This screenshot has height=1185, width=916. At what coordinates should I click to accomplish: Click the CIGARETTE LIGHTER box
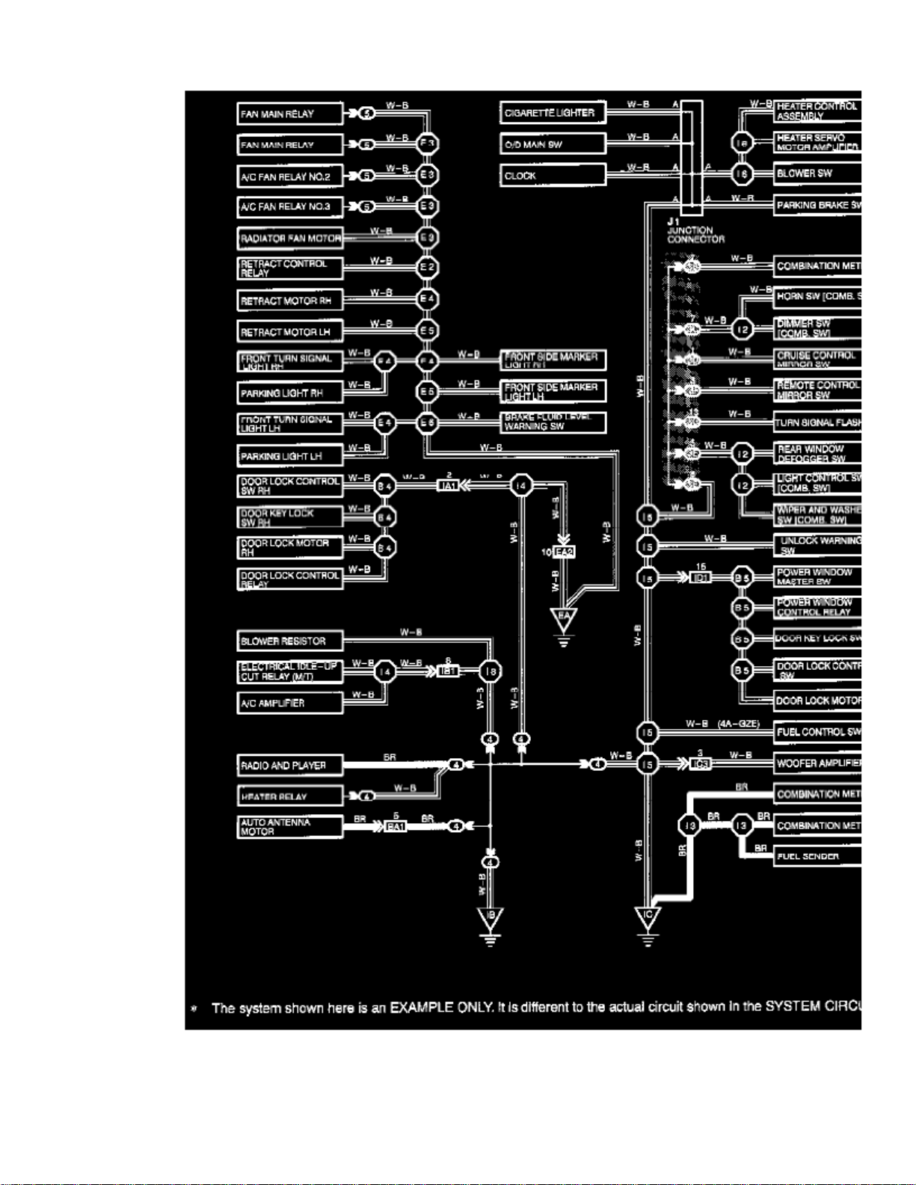pos(553,113)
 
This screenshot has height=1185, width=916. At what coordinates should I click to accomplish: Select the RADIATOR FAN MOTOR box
pos(290,238)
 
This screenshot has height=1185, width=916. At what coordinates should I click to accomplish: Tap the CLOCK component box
pos(553,176)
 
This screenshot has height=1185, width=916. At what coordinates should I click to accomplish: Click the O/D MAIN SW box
pos(553,144)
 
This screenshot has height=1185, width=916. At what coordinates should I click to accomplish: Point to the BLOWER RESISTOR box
pos(290,641)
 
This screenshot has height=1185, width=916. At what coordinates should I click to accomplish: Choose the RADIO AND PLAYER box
pos(290,766)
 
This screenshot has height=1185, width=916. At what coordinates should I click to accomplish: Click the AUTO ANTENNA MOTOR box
pos(290,827)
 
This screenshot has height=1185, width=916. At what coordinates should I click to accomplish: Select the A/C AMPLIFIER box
pos(290,703)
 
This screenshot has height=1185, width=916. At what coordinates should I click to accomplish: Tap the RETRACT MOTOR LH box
pos(290,332)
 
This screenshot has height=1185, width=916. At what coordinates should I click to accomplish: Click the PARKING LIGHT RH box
pos(290,393)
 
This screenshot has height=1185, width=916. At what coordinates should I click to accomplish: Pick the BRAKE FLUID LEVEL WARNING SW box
pos(553,422)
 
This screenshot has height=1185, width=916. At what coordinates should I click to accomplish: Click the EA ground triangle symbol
pos(564,619)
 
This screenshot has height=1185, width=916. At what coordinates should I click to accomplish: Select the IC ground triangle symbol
pos(648,917)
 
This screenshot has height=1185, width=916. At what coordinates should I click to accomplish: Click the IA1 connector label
pos(448,486)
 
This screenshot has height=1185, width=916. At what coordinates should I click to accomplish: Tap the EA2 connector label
pos(564,552)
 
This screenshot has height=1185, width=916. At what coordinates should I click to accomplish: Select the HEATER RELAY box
pos(290,796)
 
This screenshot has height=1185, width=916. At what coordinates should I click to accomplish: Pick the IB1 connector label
pos(448,671)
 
